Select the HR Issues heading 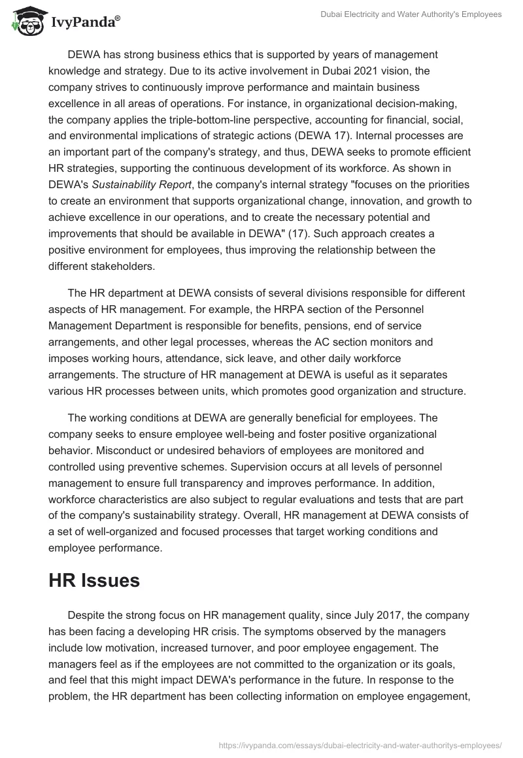[x=94, y=580]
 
